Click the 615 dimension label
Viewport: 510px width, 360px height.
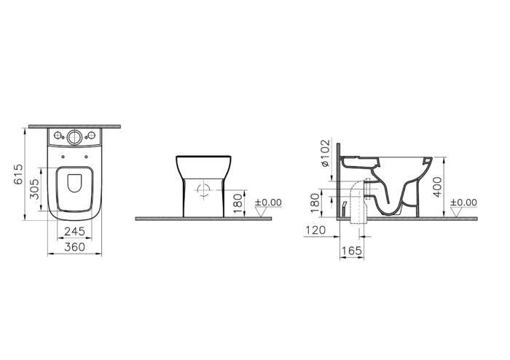[x=19, y=174]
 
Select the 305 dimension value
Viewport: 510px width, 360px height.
[x=34, y=189]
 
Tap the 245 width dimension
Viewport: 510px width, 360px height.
[x=74, y=231]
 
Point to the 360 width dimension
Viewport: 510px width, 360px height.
[x=74, y=247]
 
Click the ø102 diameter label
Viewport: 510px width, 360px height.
[x=325, y=153]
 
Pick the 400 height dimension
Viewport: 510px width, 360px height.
[x=438, y=187]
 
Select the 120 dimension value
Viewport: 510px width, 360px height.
[x=315, y=230]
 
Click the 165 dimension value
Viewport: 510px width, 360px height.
[x=352, y=251]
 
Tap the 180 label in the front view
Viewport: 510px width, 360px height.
[x=238, y=203]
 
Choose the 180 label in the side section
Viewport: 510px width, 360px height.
[x=315, y=203]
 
